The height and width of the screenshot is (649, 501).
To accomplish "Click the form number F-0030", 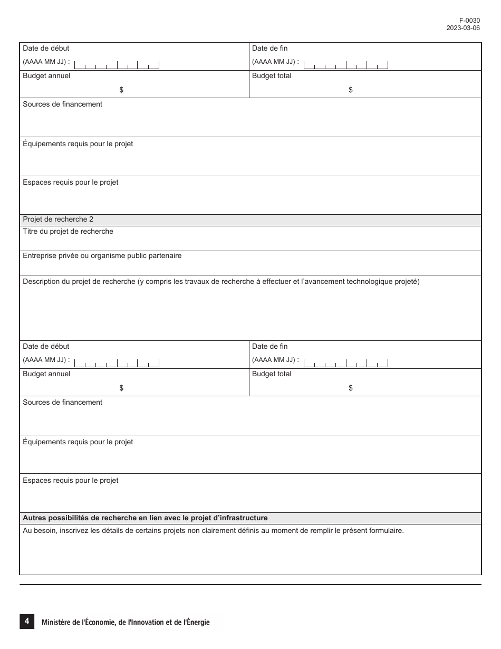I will pyautogui.click(x=469, y=21).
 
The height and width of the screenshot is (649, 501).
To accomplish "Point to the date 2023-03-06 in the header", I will pyautogui.click(x=463, y=28).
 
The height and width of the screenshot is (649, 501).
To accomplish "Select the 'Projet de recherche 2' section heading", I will pyautogui.click(x=58, y=219).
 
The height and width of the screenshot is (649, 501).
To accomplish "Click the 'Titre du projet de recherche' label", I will pyautogui.click(x=68, y=232).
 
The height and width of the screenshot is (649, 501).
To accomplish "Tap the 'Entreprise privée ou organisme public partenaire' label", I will pyautogui.click(x=102, y=256).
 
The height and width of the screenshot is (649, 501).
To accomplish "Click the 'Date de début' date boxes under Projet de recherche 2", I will pyautogui.click(x=117, y=362).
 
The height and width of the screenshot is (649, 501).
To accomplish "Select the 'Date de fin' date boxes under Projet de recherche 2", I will pyautogui.click(x=346, y=362).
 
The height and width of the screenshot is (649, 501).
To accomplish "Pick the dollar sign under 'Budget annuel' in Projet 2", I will pyautogui.click(x=121, y=388).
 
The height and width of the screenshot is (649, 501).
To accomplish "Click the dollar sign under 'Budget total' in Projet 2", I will pyautogui.click(x=351, y=388).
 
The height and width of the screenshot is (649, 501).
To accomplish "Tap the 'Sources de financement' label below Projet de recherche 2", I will pyautogui.click(x=62, y=403).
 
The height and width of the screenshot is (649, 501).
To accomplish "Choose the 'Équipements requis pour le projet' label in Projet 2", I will pyautogui.click(x=78, y=442).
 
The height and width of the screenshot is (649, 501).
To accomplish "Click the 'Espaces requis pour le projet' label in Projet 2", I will pyautogui.click(x=70, y=481).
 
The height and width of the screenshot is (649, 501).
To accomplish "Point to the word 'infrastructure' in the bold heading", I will pyautogui.click(x=244, y=518).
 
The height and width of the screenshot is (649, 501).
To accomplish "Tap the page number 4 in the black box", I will pyautogui.click(x=27, y=622).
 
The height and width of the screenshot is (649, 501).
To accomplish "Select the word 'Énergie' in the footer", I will pyautogui.click(x=197, y=623).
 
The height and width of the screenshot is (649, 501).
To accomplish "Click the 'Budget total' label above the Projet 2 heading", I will pyautogui.click(x=272, y=76).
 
